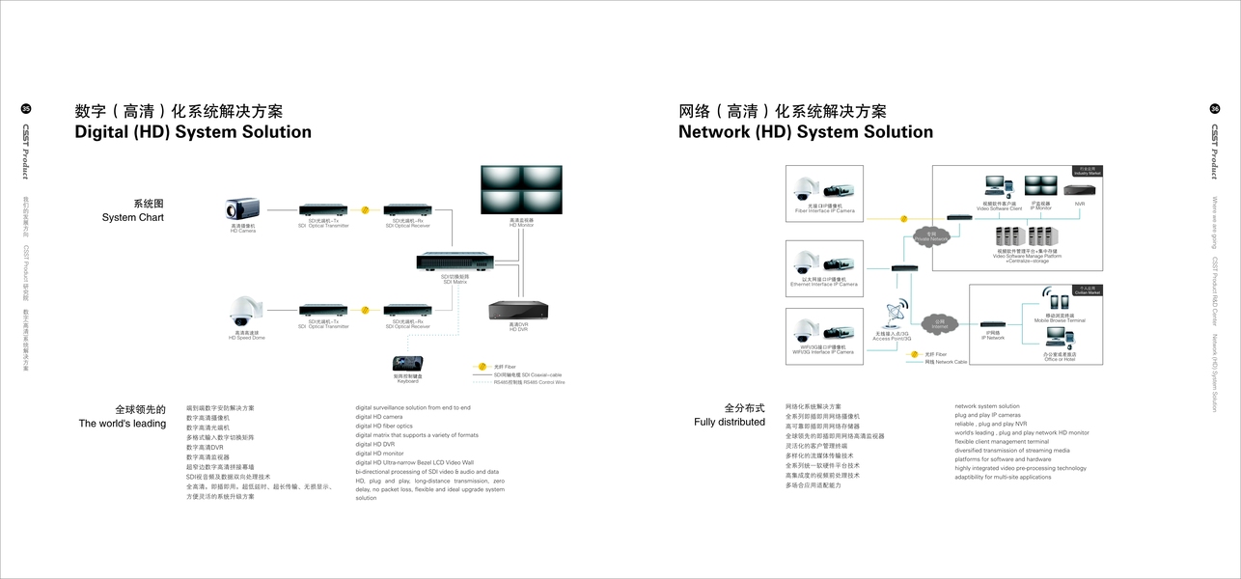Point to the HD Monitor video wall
click(x=521, y=189)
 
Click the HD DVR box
click(x=518, y=310)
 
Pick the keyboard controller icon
click(x=406, y=364)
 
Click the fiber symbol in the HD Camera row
click(x=365, y=209)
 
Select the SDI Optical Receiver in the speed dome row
click(x=407, y=310)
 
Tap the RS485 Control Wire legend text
click(x=529, y=382)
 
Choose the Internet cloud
click(x=939, y=324)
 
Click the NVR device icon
click(x=1080, y=185)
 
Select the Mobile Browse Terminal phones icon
click(x=1060, y=301)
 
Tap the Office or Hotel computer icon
click(x=1059, y=337)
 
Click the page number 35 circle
click(x=26, y=109)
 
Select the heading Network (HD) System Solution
click(x=806, y=132)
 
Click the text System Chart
click(x=133, y=218)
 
